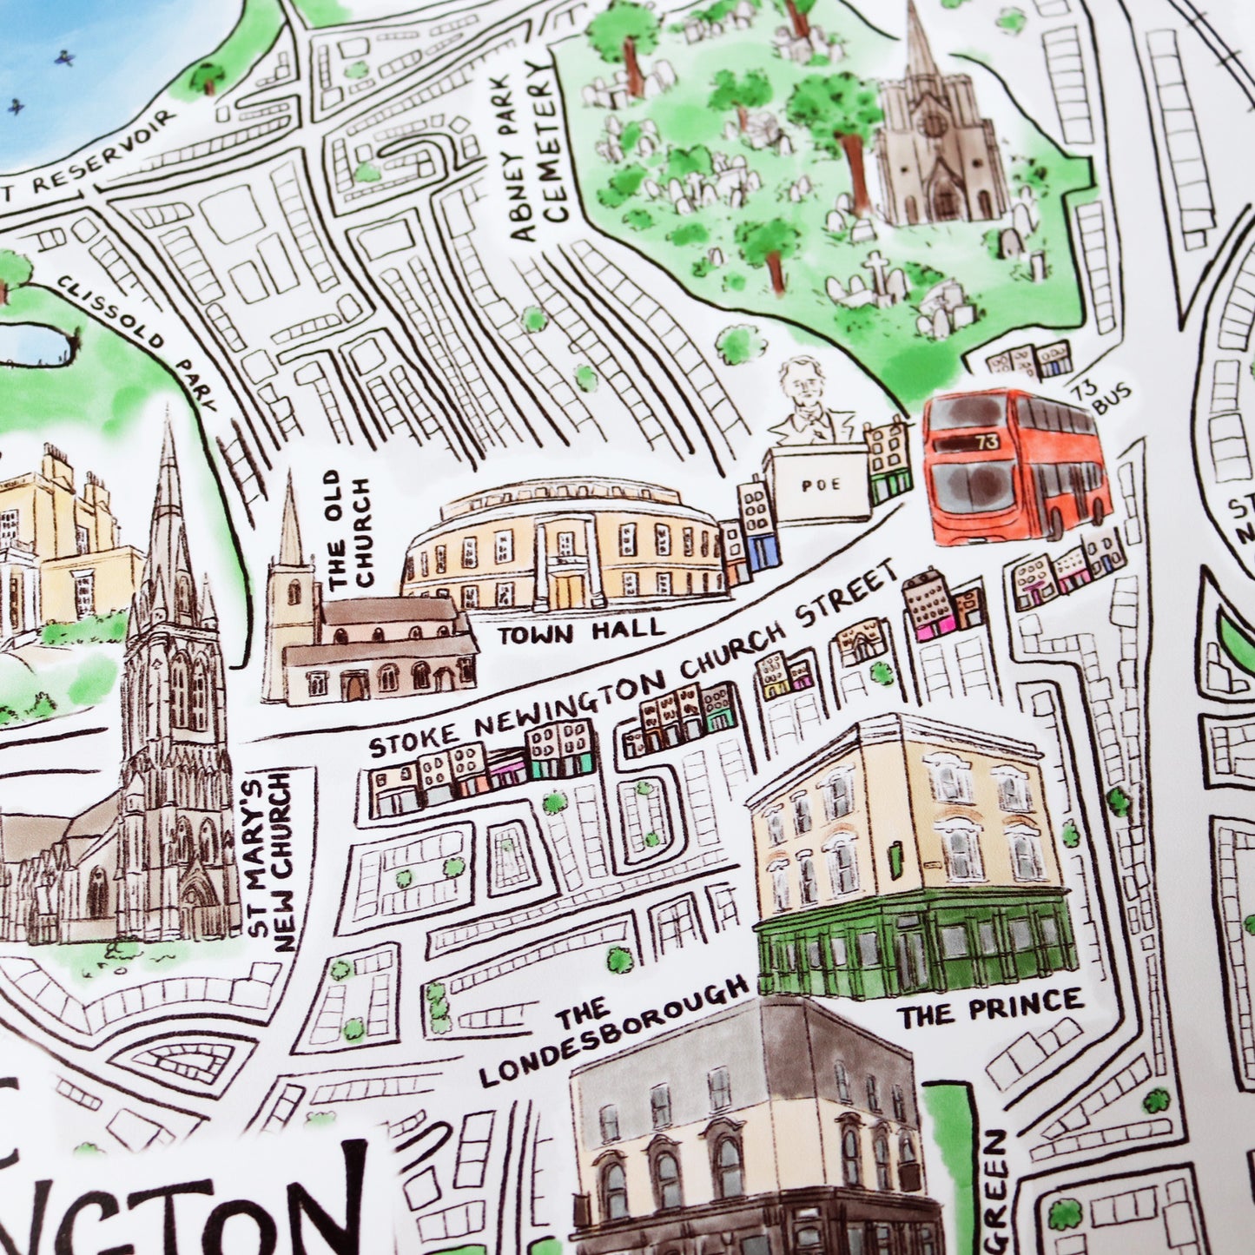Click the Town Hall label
(580, 631)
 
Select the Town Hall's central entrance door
(570, 590)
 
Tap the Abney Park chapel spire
(921, 43)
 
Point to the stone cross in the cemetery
(877, 270)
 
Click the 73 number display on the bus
(987, 442)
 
